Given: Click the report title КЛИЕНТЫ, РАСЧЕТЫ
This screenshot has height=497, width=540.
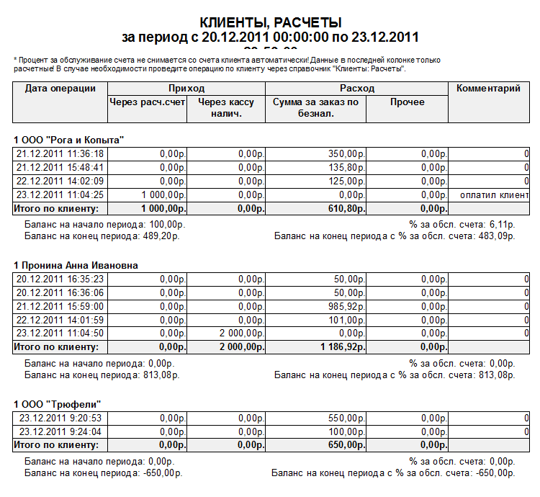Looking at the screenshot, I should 270,23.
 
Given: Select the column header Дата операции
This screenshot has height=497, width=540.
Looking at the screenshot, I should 60,89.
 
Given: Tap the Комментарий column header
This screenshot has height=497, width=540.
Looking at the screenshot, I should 488,89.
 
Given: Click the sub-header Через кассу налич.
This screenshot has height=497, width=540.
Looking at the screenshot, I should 226,108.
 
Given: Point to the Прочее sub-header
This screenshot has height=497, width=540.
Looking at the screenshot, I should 407,102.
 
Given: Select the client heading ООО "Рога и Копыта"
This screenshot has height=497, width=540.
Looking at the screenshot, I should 69,139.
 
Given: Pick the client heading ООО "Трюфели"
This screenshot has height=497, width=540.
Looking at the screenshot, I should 60,404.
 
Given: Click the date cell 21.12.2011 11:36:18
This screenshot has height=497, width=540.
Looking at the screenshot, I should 60,153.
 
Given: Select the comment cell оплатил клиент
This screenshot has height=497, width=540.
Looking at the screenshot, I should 494,194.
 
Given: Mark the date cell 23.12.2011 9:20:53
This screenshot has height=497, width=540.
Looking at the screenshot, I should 60,418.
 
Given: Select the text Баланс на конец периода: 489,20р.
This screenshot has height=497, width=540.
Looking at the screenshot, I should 102,235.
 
